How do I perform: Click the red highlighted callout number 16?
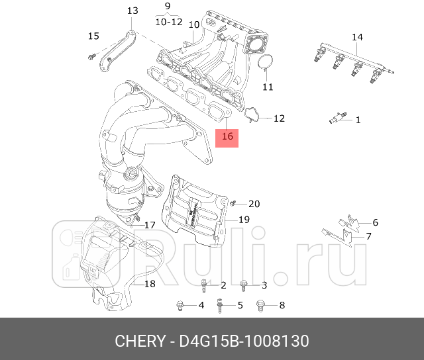click(227, 137)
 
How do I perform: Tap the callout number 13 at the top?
click(132, 11)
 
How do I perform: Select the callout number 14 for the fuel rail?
click(357, 36)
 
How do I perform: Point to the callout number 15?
click(93, 36)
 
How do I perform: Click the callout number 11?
click(267, 87)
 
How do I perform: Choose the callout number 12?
click(279, 118)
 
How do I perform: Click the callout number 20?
click(254, 203)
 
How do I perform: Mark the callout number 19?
click(243, 219)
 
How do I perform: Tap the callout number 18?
click(149, 284)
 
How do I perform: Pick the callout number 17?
click(150, 225)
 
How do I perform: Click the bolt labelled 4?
click(180, 305)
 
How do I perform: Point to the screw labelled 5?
click(219, 305)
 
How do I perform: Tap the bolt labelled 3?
click(244, 285)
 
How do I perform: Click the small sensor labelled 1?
click(337, 120)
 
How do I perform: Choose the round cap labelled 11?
click(266, 63)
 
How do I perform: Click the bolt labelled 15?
click(90, 55)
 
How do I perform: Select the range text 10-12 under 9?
click(168, 21)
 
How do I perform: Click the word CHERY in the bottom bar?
click(140, 341)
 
